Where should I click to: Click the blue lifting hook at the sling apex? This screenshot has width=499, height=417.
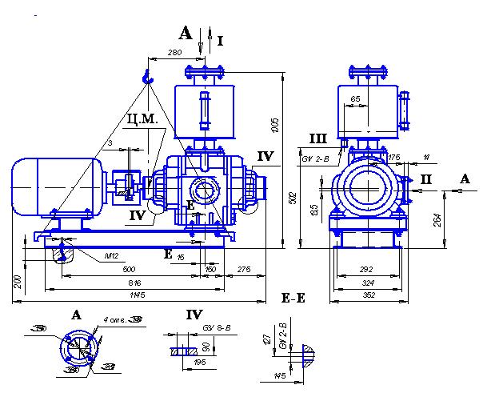click(146, 76)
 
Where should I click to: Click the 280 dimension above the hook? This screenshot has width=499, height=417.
click(175, 53)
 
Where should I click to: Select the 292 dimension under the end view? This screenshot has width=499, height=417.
click(367, 271)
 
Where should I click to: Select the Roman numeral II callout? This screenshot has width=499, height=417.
click(427, 178)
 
